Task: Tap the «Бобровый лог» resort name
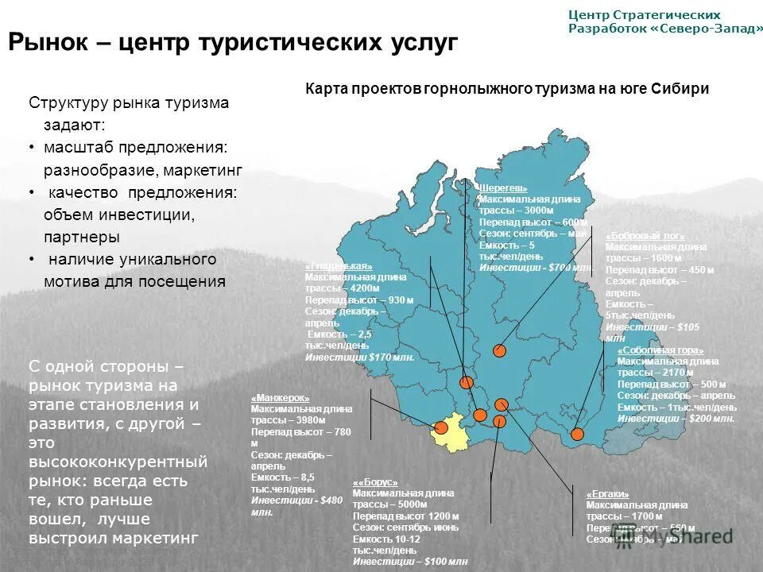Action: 645,237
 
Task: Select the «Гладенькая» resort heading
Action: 339,266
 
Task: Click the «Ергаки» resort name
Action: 607,494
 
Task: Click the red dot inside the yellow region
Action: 442,427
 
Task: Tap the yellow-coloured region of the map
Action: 452,437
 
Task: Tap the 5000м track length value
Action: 411,504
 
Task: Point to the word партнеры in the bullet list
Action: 82,237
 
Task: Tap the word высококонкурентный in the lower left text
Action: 118,461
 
